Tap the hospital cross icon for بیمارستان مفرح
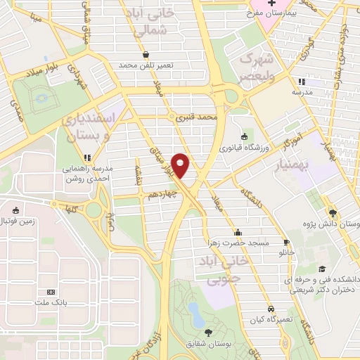click(252, 4)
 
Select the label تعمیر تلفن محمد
click(146, 65)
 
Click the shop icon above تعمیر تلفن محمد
click(146, 54)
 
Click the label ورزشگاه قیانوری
click(243, 148)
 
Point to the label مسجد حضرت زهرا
click(237, 243)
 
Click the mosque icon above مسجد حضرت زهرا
click(237, 232)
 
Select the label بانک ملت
click(50, 302)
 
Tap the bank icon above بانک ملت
click(50, 292)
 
